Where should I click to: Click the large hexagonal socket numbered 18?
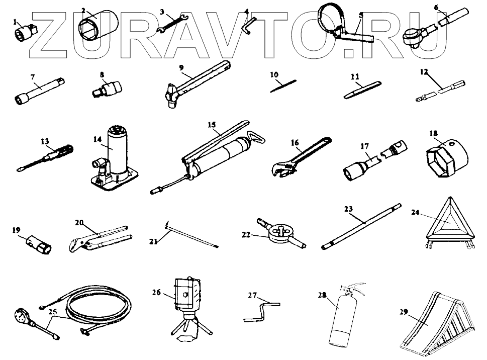click(x=443, y=156)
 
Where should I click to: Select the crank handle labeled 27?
click(x=261, y=310)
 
